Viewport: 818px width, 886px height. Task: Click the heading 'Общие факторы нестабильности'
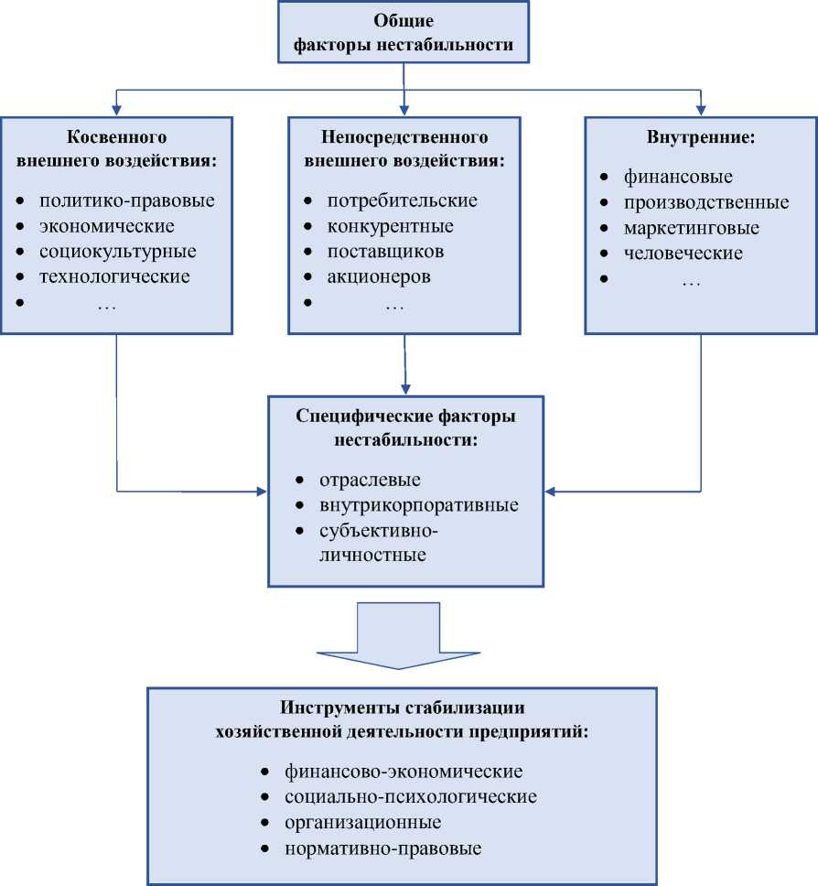[x=404, y=32]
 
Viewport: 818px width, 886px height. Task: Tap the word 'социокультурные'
[x=118, y=252]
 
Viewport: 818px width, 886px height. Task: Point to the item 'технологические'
[x=114, y=276]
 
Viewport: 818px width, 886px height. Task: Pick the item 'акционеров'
[x=379, y=276]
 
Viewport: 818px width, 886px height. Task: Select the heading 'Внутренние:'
[x=701, y=138]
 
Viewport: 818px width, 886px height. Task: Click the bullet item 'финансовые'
[x=678, y=178]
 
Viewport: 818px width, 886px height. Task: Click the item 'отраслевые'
[x=370, y=480]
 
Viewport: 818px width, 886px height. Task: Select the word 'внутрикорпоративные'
[x=418, y=505]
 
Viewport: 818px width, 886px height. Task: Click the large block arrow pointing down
[x=404, y=638]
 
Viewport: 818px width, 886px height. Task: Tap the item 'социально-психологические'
[x=410, y=796]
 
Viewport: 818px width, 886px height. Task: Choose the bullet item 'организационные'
[x=362, y=822]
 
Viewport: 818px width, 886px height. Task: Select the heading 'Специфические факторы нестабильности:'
[x=404, y=427]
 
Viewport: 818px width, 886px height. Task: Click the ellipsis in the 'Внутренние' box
[x=691, y=284]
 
